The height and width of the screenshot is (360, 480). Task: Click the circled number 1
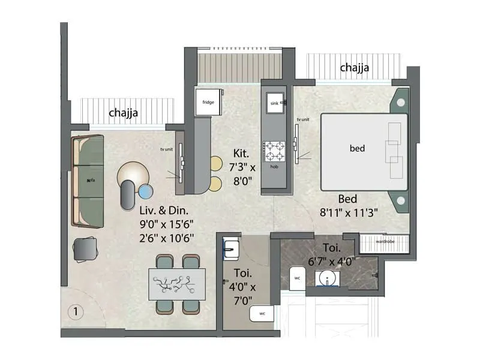(x=75, y=312)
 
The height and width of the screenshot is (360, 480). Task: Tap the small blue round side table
(x=146, y=191)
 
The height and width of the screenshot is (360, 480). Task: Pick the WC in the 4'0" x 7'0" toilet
(x=262, y=313)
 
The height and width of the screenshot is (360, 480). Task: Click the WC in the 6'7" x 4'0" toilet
(x=297, y=278)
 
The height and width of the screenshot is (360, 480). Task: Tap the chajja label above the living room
(x=124, y=112)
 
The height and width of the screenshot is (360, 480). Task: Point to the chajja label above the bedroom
(x=354, y=68)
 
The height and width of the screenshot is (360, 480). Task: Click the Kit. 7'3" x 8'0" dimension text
(x=241, y=169)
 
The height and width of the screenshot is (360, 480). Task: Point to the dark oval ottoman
(x=128, y=194)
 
